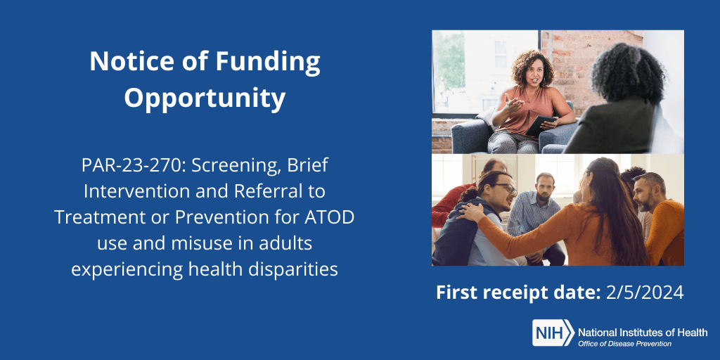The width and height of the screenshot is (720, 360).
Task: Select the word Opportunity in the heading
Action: (205, 99)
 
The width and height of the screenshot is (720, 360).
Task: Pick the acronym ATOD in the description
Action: (330, 217)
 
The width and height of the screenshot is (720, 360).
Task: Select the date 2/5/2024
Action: (645, 293)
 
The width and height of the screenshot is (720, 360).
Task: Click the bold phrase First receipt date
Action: (518, 293)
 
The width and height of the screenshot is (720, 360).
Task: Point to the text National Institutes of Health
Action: (643, 333)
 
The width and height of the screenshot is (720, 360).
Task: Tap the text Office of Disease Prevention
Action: (624, 343)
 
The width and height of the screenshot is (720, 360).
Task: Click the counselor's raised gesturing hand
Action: (512, 103)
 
